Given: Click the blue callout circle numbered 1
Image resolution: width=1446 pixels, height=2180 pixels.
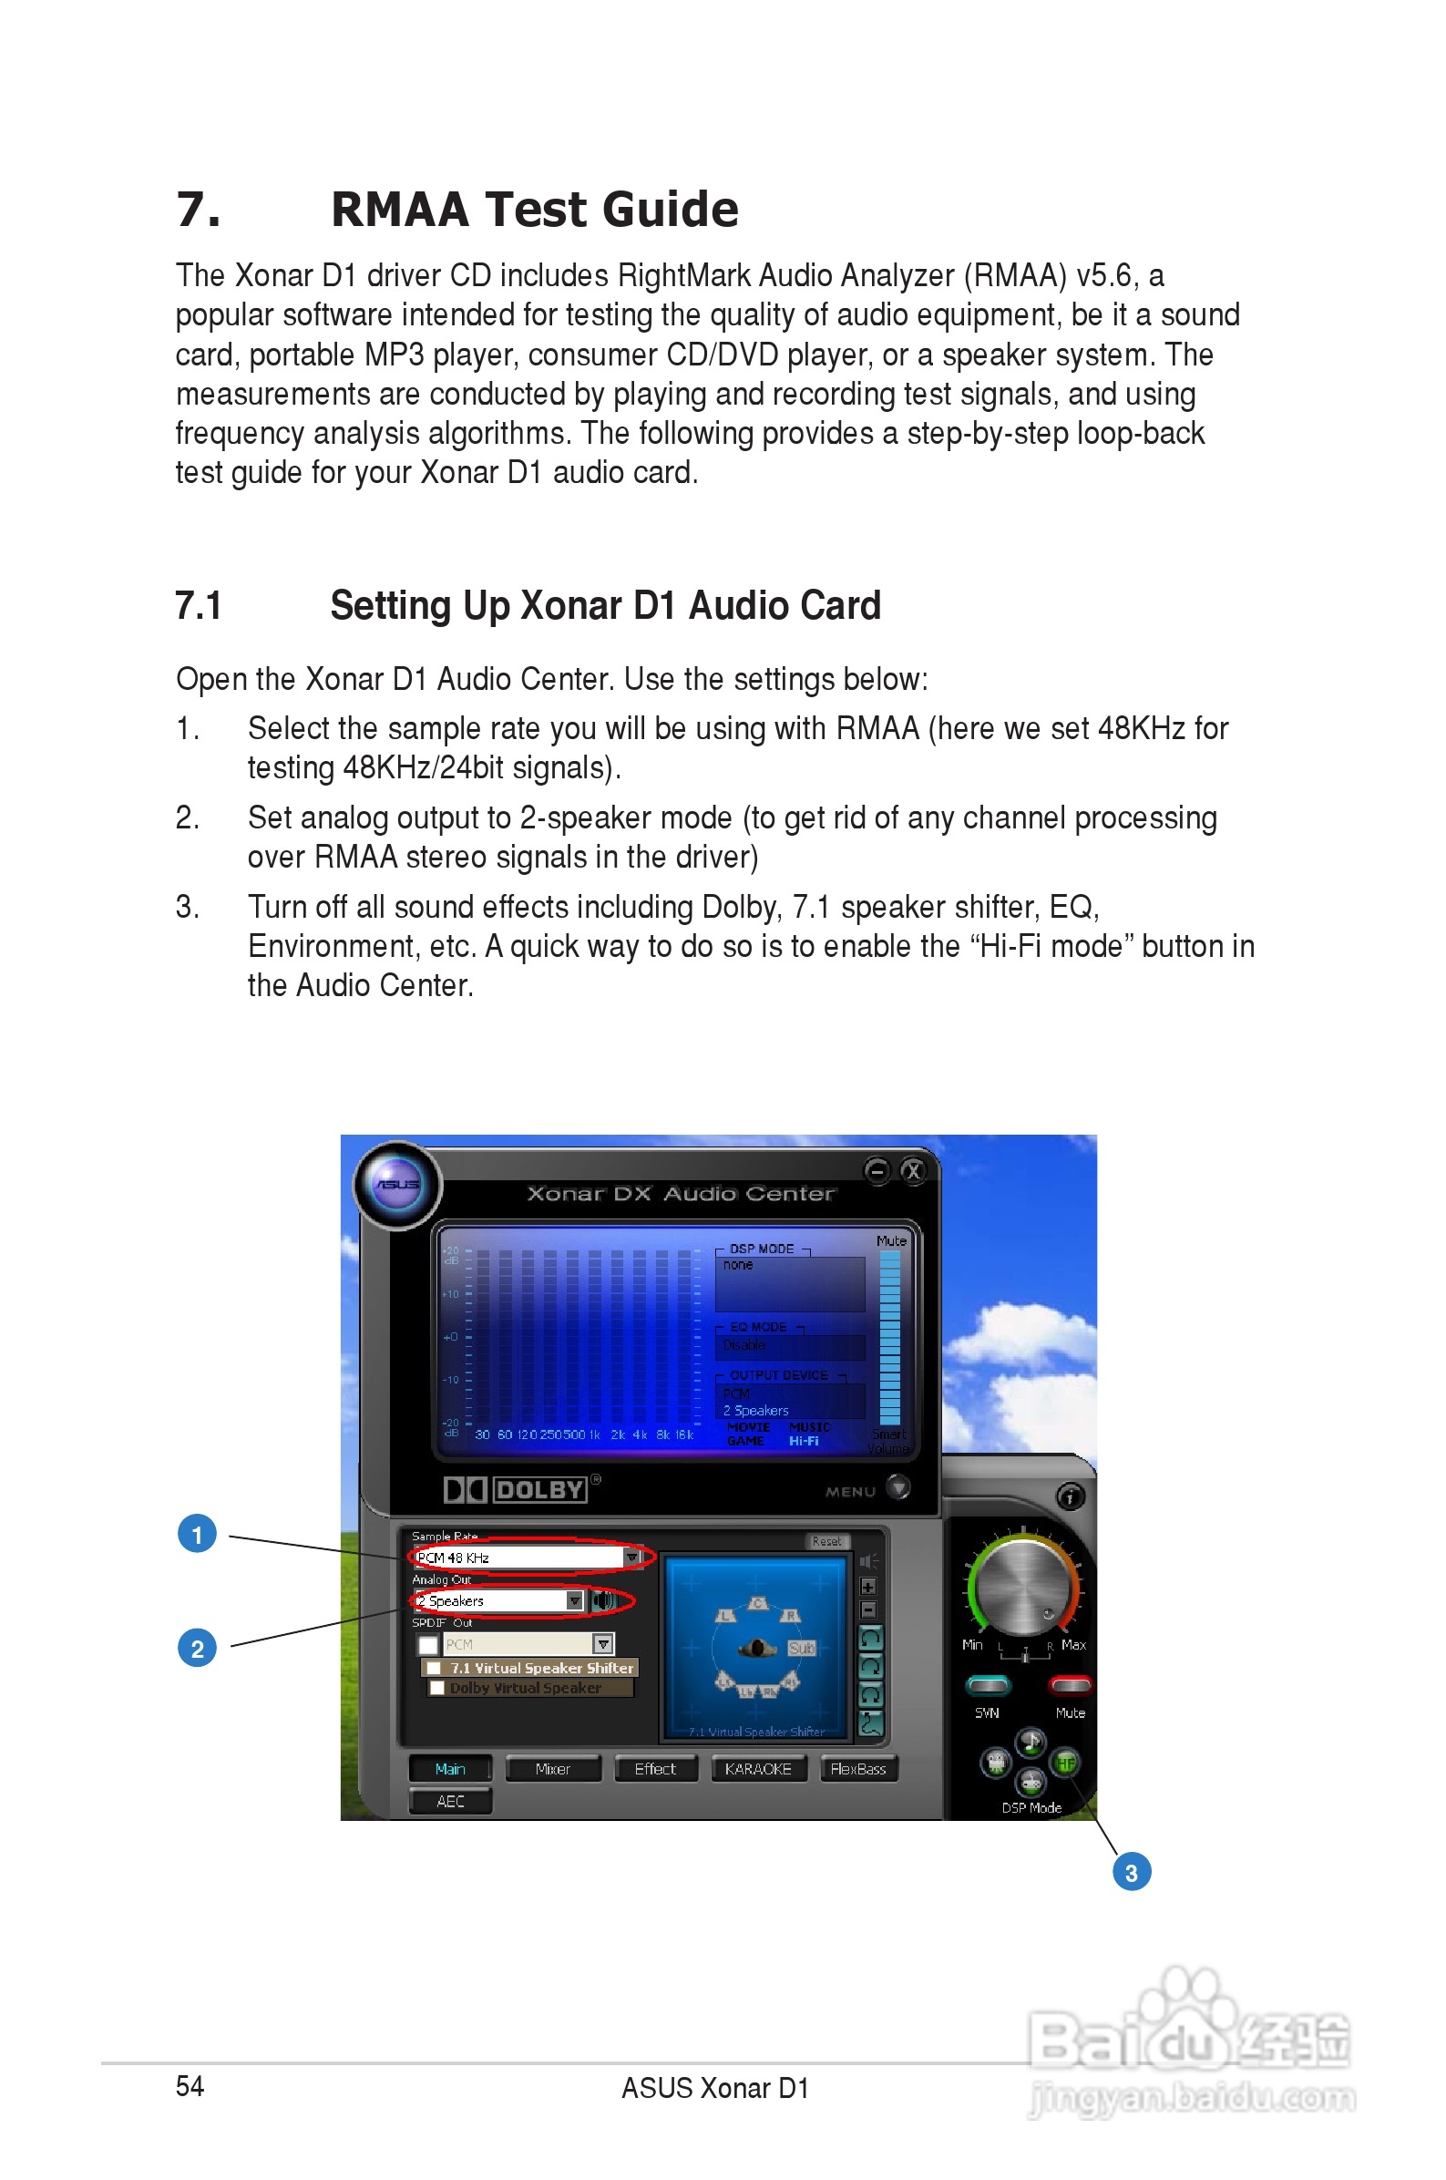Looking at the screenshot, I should pyautogui.click(x=197, y=1535).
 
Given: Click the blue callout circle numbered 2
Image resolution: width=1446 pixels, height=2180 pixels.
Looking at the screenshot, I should pyautogui.click(x=197, y=1649).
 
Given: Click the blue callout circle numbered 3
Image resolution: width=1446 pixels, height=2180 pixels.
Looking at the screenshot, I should pyautogui.click(x=1132, y=1872).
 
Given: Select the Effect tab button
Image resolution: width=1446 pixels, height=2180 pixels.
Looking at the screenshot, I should pyautogui.click(x=655, y=1769).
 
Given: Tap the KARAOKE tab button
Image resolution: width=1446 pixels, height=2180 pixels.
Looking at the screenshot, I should pyautogui.click(x=757, y=1769).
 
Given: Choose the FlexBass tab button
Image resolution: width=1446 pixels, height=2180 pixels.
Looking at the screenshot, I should pyautogui.click(x=857, y=1769).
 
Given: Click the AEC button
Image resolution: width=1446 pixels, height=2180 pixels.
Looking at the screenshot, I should pyautogui.click(x=450, y=1801).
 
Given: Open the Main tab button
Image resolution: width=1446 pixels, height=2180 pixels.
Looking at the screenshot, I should pyautogui.click(x=450, y=1769).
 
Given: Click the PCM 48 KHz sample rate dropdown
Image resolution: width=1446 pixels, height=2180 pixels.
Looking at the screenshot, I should pyautogui.click(x=527, y=1558).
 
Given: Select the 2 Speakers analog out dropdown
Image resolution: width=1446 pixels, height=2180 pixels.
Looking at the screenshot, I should pyautogui.click(x=499, y=1601).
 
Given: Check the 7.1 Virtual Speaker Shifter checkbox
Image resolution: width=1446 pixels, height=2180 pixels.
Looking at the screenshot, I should pyautogui.click(x=434, y=1668).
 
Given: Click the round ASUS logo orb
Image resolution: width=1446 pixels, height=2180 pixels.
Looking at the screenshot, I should pyautogui.click(x=397, y=1185).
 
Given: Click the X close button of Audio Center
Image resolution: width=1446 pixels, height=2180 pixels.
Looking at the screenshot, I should pyautogui.click(x=912, y=1171).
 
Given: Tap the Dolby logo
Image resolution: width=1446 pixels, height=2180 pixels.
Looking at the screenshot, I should pyautogui.click(x=516, y=1489).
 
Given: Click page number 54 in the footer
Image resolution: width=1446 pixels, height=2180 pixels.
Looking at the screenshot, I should pyautogui.click(x=190, y=2086).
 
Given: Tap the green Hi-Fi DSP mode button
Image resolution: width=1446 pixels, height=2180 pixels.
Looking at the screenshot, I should pyautogui.click(x=1066, y=1764).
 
